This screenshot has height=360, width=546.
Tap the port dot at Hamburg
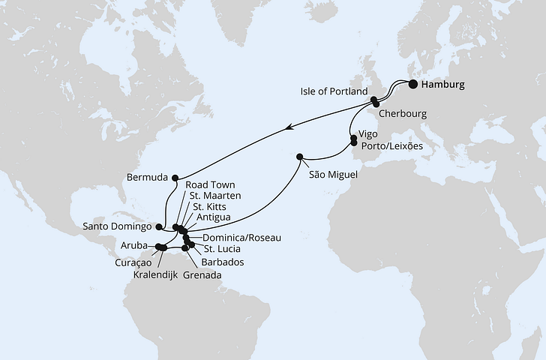click(x=412, y=84)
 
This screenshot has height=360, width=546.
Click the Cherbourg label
click(x=403, y=114)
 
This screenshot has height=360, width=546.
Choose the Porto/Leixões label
click(x=391, y=145)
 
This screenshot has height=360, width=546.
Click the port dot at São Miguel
click(x=300, y=157)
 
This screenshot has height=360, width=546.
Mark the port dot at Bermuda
click(x=175, y=177)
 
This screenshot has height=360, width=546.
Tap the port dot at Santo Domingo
click(x=158, y=225)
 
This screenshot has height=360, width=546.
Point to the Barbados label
click(x=223, y=262)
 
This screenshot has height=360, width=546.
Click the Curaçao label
click(x=134, y=263)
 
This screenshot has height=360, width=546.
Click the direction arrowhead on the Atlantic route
click(x=289, y=129)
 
